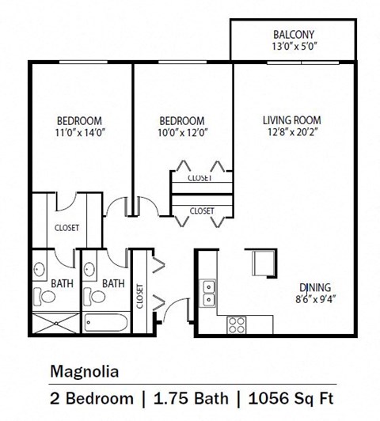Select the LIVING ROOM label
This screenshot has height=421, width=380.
tap(297, 120)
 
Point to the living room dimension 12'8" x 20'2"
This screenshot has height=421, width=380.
tap(297, 133)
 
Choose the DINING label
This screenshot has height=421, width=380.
tap(314, 286)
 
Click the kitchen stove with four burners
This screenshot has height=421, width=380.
tap(236, 324)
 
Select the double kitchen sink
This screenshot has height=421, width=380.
tap(208, 291)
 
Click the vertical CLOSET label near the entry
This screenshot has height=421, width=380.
tap(140, 294)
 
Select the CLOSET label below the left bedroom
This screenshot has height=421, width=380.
tap(66, 228)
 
